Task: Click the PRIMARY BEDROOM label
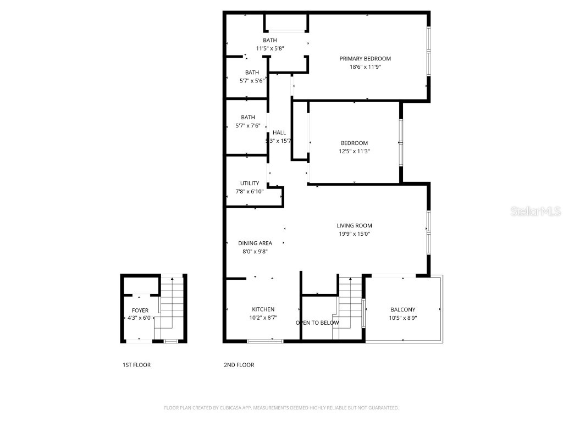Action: click(365, 59)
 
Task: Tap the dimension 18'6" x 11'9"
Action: click(365, 66)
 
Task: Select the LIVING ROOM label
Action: click(354, 225)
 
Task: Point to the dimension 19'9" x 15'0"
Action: click(354, 234)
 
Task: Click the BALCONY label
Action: click(402, 309)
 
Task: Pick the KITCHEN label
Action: click(263, 309)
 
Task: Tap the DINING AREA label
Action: click(255, 243)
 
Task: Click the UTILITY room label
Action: click(249, 184)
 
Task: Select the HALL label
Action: click(279, 132)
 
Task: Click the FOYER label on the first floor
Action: click(140, 310)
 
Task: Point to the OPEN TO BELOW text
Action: click(317, 323)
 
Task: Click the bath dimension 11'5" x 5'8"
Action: click(269, 48)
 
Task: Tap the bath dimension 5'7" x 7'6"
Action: click(247, 125)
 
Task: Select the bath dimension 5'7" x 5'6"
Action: click(252, 80)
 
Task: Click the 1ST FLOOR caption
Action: click(136, 365)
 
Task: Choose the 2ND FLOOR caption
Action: click(239, 365)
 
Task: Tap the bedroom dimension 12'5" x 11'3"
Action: click(354, 151)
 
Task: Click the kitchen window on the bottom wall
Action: click(265, 341)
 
